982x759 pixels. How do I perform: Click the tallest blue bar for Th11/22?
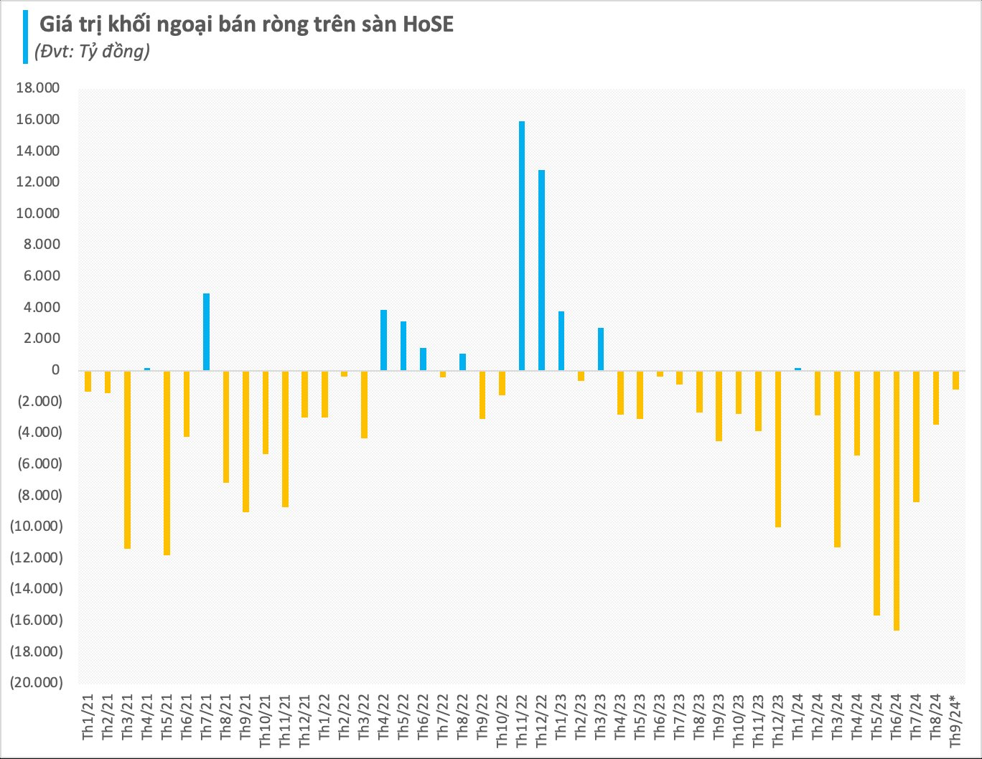[x=522, y=245]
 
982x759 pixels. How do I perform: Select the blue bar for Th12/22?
[x=541, y=270]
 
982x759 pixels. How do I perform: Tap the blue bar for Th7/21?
[x=206, y=331]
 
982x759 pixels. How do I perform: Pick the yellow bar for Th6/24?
[x=897, y=500]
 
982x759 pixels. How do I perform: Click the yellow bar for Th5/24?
[x=876, y=493]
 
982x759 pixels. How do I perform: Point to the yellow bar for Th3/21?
[x=127, y=459]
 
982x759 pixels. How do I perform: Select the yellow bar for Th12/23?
[x=777, y=448]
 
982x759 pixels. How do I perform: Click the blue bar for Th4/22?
[x=383, y=340]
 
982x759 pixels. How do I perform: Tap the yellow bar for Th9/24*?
[x=955, y=379]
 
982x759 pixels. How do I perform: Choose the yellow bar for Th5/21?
[x=167, y=463]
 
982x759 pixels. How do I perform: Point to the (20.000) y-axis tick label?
[x=36, y=682]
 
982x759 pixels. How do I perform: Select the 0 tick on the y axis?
[x=55, y=370]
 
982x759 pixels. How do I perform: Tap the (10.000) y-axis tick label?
[x=36, y=526]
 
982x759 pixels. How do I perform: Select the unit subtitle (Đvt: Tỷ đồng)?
[x=92, y=52]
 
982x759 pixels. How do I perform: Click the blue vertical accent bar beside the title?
[x=26, y=37]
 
